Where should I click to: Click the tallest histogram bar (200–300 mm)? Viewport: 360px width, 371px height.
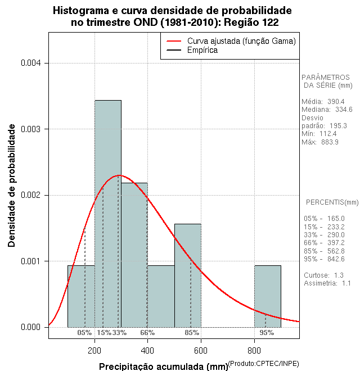pyautogui.click(x=107, y=214)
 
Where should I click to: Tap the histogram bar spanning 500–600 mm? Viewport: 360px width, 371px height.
pyautogui.click(x=187, y=275)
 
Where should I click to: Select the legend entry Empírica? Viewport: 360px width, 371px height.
pyautogui.click(x=202, y=50)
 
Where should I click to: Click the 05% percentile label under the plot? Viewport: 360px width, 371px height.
pyautogui.click(x=84, y=333)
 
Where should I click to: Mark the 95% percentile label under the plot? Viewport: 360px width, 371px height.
pyautogui.click(x=267, y=333)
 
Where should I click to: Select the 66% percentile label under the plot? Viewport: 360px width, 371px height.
pyautogui.click(x=147, y=333)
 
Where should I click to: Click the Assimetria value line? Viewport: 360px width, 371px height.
pyautogui.click(x=327, y=283)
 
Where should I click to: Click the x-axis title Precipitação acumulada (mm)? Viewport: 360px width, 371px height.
pyautogui.click(x=163, y=367)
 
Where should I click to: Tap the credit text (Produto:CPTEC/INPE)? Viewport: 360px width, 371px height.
pyautogui.click(x=264, y=363)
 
